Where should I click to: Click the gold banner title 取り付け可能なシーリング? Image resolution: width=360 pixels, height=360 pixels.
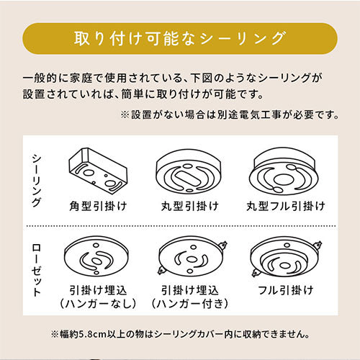tap(180, 38)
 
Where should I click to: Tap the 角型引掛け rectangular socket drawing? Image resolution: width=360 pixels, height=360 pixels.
tap(98, 171)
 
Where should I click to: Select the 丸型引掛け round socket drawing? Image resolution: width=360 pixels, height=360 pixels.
tap(189, 172)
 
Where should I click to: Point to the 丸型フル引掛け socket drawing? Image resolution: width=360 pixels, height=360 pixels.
tap(284, 171)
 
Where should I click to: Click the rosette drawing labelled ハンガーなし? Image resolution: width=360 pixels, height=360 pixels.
tap(96, 256)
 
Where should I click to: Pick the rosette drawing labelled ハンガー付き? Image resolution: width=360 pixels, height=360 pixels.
tap(192, 256)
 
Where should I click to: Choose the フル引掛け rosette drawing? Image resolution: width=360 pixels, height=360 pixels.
tap(286, 258)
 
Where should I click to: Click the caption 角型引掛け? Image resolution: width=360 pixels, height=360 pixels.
tap(98, 206)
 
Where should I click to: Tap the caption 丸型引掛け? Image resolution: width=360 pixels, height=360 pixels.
tap(189, 206)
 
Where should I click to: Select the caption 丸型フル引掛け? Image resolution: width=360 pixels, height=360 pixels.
tap(286, 206)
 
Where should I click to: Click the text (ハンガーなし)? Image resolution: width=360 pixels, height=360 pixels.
tap(98, 304)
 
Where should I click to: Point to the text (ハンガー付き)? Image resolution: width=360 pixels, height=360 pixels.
tap(189, 304)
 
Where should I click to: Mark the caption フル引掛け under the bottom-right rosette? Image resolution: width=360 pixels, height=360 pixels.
tap(286, 290)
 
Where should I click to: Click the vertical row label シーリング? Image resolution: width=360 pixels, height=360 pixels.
tap(37, 181)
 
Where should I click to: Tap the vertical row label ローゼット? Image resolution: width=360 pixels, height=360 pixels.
tap(37, 270)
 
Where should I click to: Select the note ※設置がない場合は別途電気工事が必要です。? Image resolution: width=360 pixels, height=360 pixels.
tap(230, 114)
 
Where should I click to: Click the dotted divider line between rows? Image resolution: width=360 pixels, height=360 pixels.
tap(181, 226)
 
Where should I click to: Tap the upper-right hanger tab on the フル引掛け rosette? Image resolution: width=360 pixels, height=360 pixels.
tap(318, 246)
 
